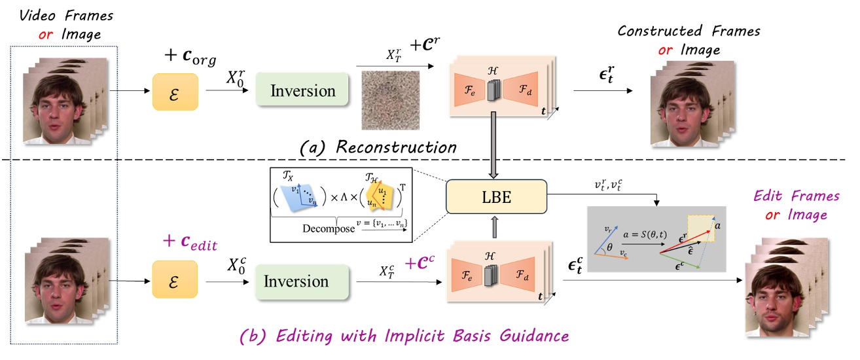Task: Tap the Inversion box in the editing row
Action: pyautogui.click(x=295, y=282)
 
